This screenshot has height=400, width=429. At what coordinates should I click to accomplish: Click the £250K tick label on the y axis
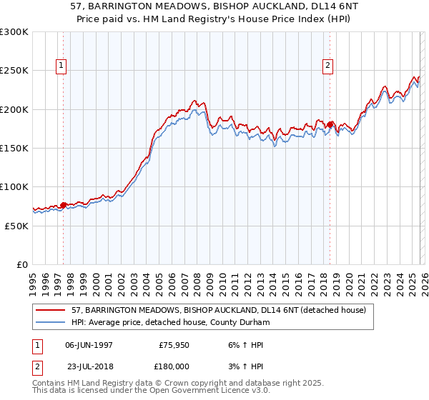(14, 71)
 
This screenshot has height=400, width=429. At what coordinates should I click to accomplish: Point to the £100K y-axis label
(14, 186)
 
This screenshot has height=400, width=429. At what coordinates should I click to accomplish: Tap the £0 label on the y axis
(21, 264)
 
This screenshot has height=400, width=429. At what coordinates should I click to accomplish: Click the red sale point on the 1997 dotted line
(63, 206)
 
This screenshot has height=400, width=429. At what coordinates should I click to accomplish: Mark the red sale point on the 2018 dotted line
(330, 125)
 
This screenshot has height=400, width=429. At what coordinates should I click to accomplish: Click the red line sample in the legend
(51, 311)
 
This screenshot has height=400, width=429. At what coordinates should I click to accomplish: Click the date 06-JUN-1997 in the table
(89, 344)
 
